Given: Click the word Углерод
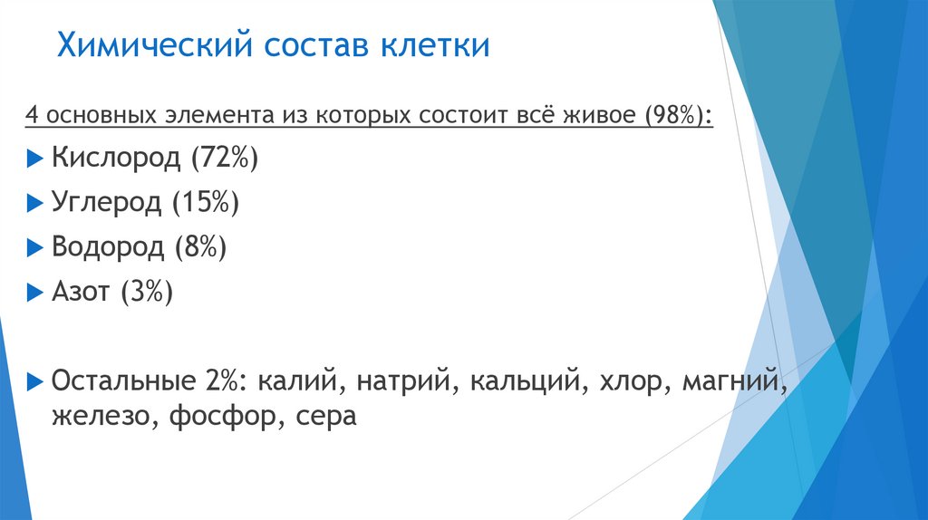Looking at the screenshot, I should coord(106,202).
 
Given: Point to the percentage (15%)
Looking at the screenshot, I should coord(206,202).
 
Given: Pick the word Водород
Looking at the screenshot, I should coord(108,246).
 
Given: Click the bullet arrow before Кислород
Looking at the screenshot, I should coord(34,159).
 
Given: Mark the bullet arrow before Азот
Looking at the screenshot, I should coord(34,292).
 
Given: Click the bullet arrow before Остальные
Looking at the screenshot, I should coord(34,380).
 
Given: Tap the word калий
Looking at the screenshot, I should coord(297,379).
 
